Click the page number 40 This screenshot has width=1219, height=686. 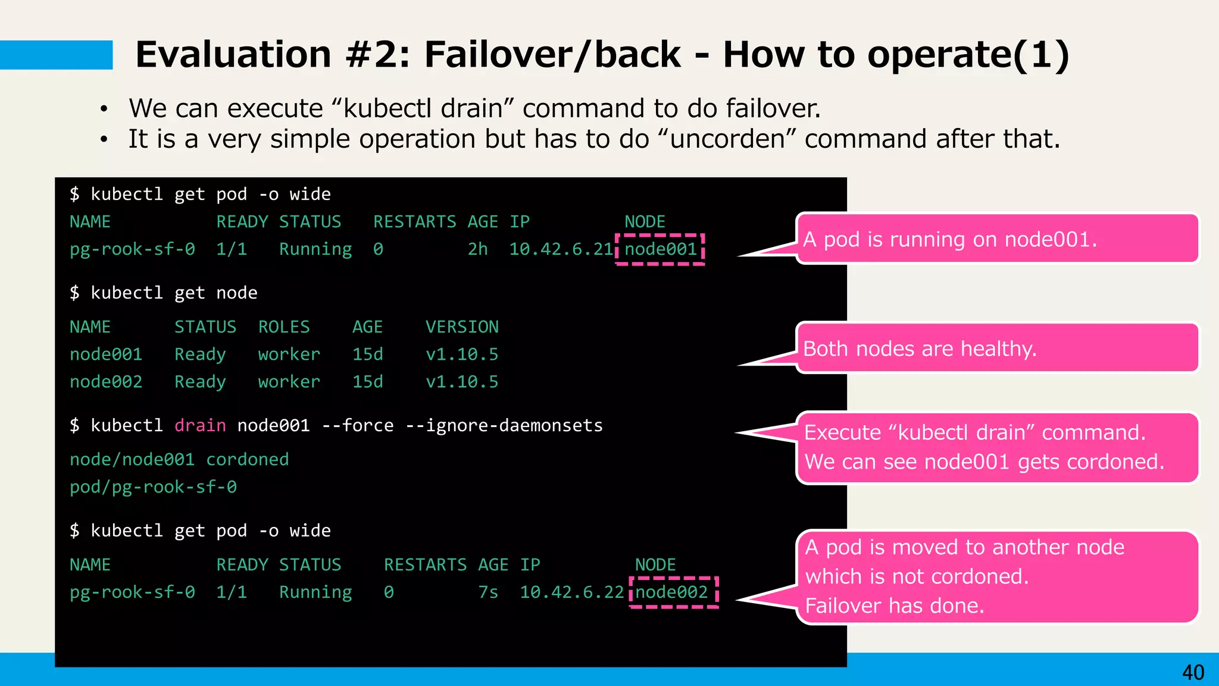tap(1193, 672)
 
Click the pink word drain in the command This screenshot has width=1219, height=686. tap(200, 426)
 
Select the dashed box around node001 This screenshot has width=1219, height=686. tap(660, 249)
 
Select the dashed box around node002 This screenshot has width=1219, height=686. tap(673, 592)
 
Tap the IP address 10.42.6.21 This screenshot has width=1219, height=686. tap(561, 249)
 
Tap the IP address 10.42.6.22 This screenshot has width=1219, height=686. tap(571, 592)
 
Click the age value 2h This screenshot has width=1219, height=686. tap(477, 249)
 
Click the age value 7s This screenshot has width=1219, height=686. tap(488, 592)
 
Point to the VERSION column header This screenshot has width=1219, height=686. tap(462, 327)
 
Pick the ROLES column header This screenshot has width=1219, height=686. tap(284, 327)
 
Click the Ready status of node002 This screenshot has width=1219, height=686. tap(200, 382)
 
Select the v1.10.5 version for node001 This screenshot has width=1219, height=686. tap(462, 354)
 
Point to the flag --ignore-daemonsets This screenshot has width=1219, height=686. tap(504, 426)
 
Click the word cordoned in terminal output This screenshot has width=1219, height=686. tap(247, 460)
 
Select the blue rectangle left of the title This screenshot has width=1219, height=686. tap(56, 55)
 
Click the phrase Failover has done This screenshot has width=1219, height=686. tap(895, 606)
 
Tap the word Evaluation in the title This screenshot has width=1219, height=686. tap(233, 55)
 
